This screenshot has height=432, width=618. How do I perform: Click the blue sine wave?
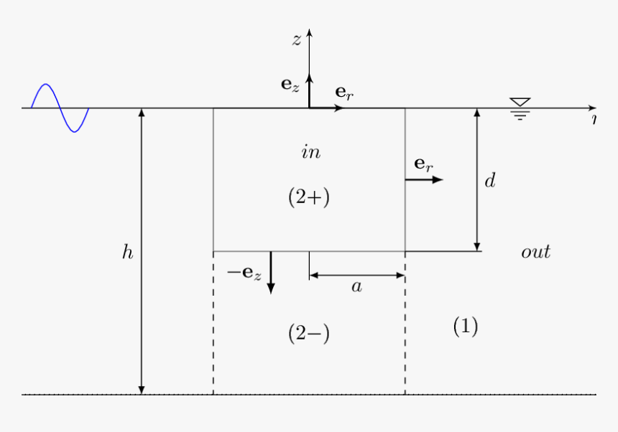click(x=60, y=108)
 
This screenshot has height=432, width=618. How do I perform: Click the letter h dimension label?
click(x=127, y=253)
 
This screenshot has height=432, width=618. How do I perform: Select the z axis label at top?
click(x=296, y=40)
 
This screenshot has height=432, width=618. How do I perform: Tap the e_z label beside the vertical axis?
click(x=290, y=85)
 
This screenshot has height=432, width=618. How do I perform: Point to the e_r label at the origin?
click(x=344, y=93)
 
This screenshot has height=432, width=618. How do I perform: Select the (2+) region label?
click(x=309, y=197)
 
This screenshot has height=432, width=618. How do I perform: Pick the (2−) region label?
click(x=309, y=334)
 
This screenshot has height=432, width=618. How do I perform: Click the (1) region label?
click(x=465, y=326)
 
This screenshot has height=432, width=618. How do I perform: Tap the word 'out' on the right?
click(x=535, y=252)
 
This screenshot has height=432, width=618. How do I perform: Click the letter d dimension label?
click(x=489, y=180)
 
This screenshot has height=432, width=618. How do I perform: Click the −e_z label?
click(x=244, y=273)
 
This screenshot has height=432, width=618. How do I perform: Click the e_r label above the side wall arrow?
click(x=424, y=165)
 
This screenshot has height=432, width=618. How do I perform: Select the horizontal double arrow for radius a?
click(x=357, y=275)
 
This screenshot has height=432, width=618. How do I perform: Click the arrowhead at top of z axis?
click(x=309, y=33)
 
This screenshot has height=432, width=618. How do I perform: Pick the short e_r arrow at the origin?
click(x=327, y=108)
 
